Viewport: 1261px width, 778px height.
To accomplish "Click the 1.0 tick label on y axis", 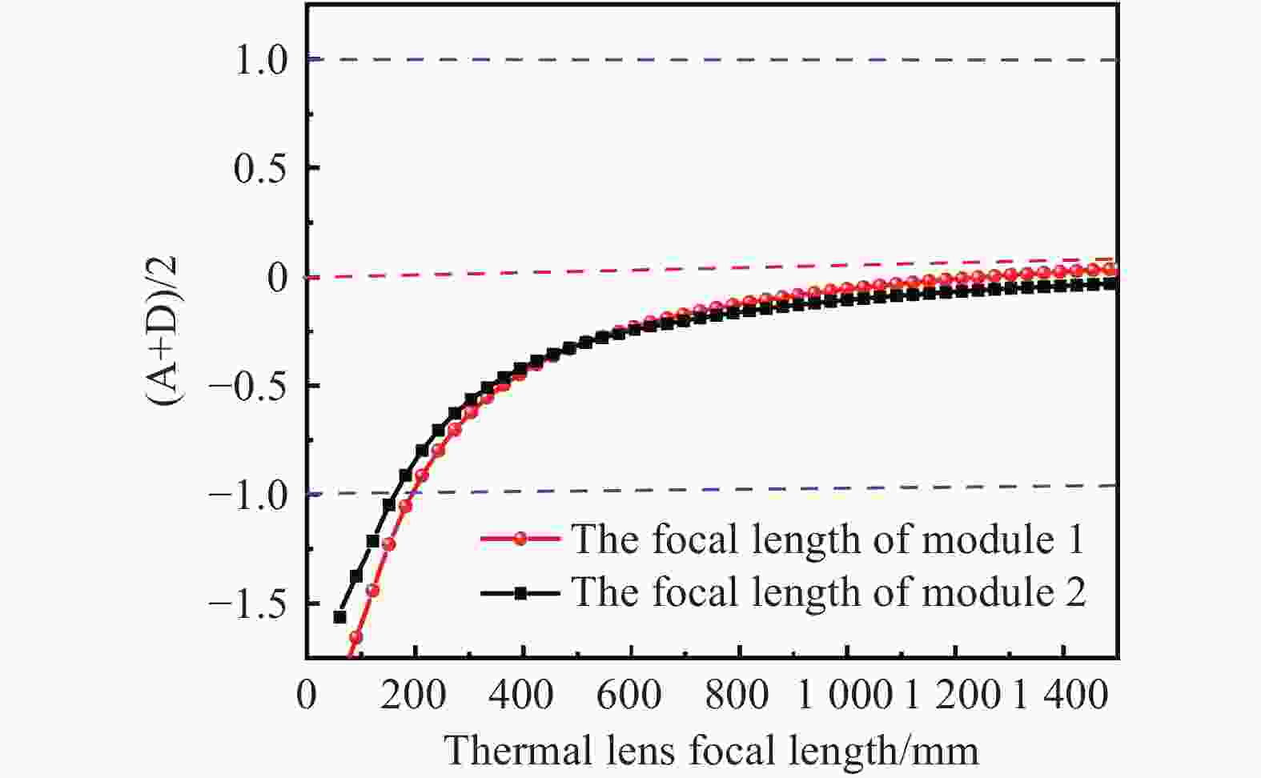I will [261, 61].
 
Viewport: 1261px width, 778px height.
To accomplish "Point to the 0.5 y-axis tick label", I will [261, 169].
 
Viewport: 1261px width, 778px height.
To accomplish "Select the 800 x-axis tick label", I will [738, 695].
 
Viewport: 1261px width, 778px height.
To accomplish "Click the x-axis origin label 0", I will [307, 695].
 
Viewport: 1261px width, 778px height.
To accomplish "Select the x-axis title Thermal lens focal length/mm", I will [711, 751].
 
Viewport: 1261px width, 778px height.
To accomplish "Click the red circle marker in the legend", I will [520, 539].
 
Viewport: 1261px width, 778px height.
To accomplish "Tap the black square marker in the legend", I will [520, 593].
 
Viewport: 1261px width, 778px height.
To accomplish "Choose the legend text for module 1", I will [828, 539].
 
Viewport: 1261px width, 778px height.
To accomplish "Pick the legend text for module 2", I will [828, 593].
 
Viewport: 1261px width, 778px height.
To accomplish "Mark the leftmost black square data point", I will [339, 617].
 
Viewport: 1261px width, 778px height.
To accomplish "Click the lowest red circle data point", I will [356, 637].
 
